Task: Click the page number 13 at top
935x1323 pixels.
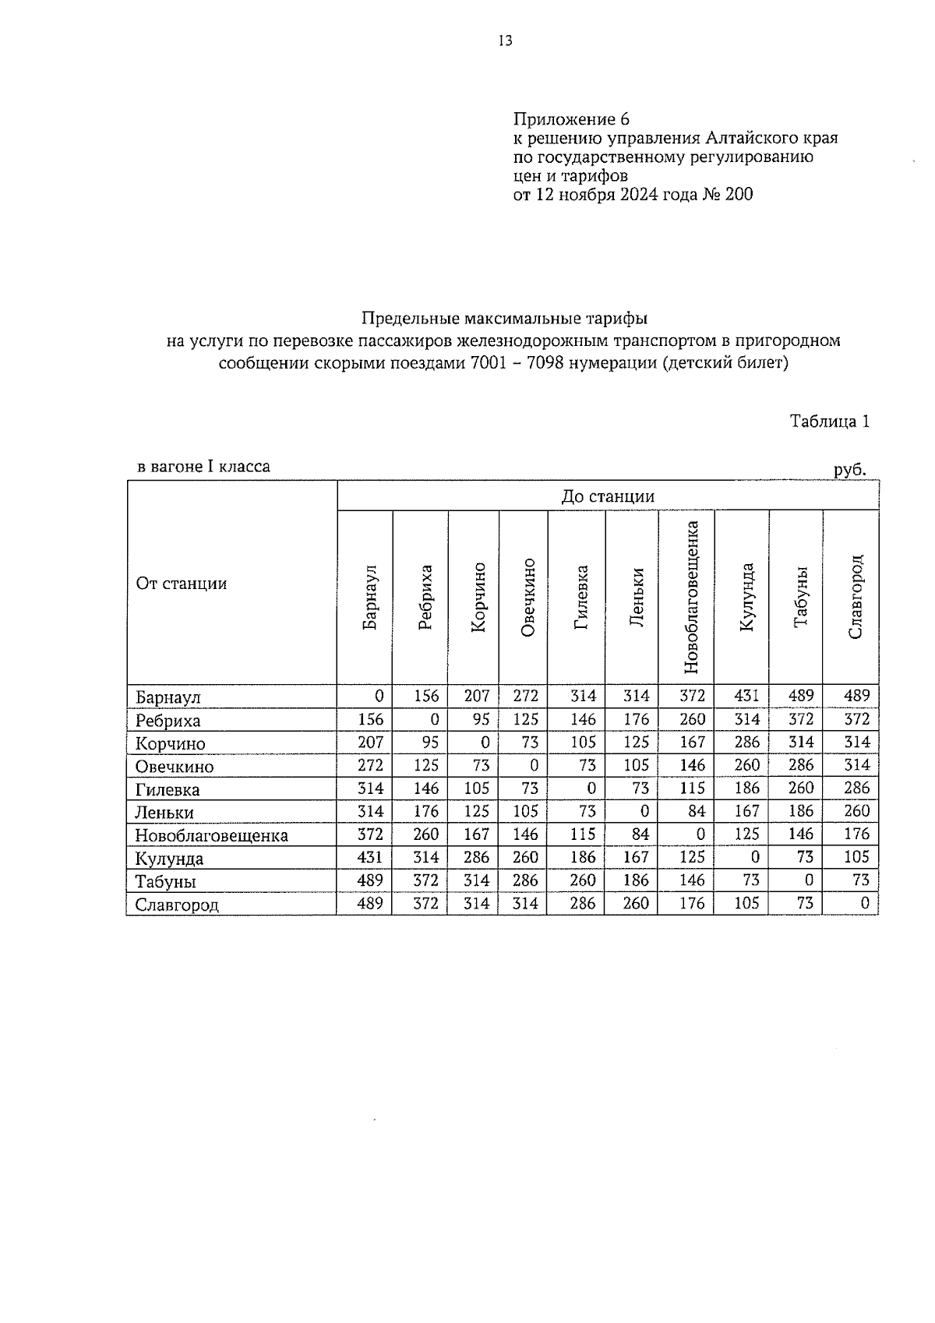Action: (x=505, y=41)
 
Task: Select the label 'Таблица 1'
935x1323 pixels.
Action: (x=829, y=422)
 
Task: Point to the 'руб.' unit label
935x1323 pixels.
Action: (x=849, y=470)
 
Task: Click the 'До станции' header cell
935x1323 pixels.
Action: (x=608, y=496)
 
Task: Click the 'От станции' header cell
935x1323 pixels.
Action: (x=181, y=584)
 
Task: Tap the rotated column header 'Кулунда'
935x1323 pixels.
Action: (x=746, y=596)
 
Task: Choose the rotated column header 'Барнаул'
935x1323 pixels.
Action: (x=369, y=596)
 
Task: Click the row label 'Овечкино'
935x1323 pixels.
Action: (x=174, y=767)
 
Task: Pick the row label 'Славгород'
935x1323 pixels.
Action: (x=176, y=905)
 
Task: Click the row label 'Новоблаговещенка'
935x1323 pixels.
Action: (x=211, y=836)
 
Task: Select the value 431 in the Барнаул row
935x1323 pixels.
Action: (x=746, y=696)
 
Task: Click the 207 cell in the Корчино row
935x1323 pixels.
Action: (x=370, y=742)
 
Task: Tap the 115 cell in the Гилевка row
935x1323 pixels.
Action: (x=692, y=788)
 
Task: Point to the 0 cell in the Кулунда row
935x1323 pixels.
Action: (x=754, y=857)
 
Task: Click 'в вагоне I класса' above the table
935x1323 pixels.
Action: (x=203, y=467)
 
